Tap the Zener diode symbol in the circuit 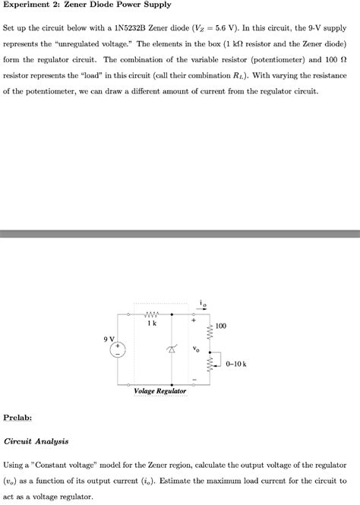[x=173, y=349]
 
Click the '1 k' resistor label [x=152, y=323]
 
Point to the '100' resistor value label [x=220, y=326]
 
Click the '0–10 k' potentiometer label [x=236, y=363]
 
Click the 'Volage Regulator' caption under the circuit [x=160, y=391]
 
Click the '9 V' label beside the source [x=109, y=339]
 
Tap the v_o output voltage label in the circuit [x=196, y=349]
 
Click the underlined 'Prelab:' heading [x=17, y=417]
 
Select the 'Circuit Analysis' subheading [x=36, y=440]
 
